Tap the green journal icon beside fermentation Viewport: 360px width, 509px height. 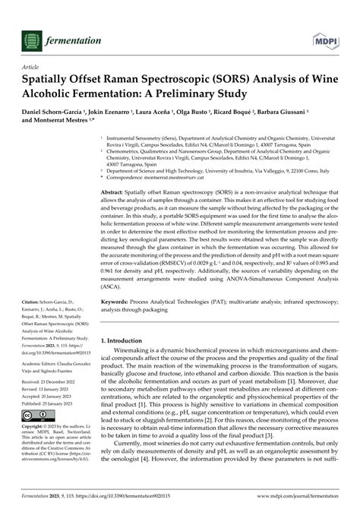(33, 18)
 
